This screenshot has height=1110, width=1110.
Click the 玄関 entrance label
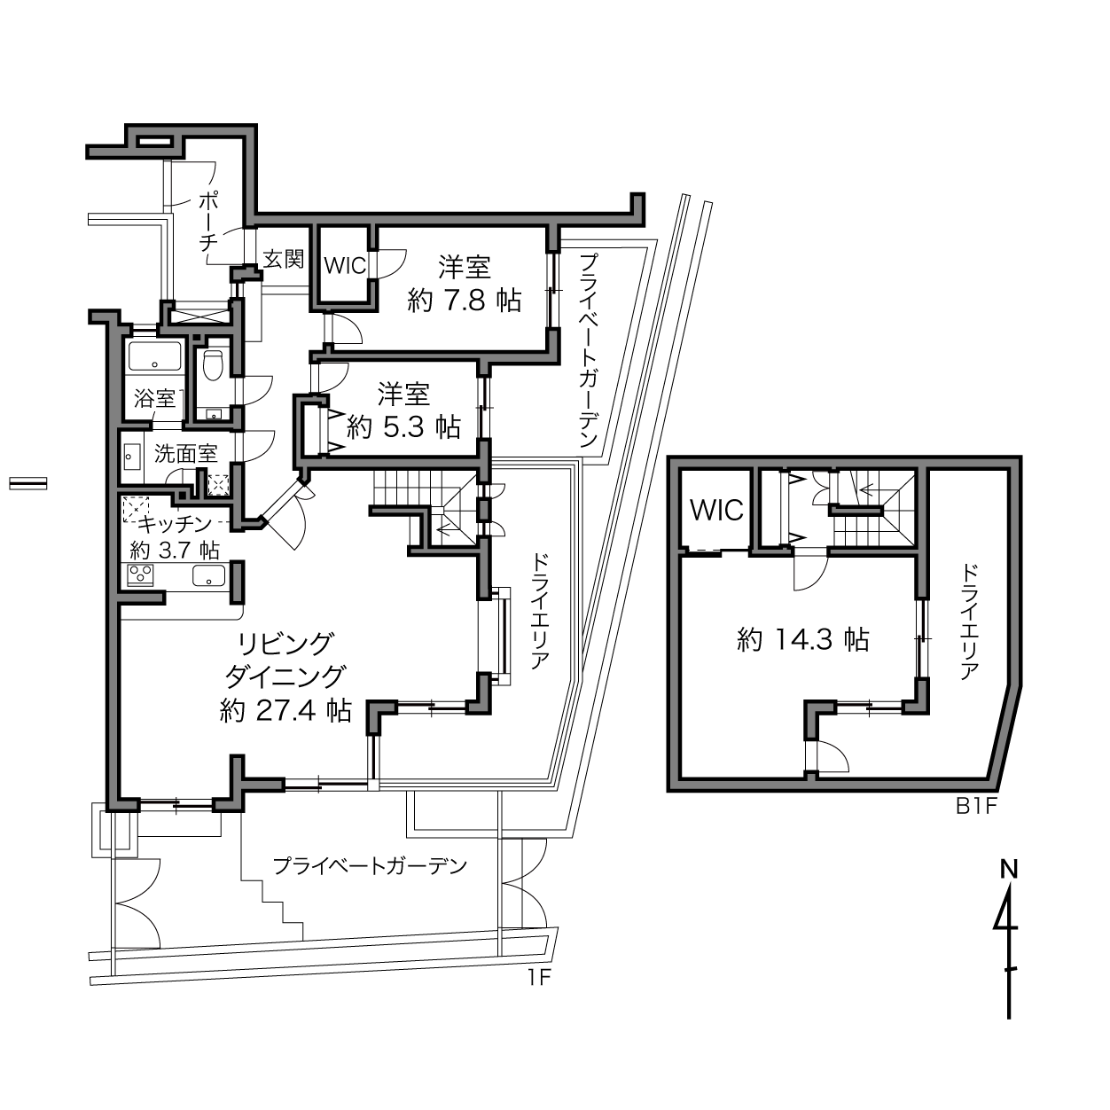coord(283,259)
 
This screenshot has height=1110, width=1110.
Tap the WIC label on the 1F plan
coord(345,266)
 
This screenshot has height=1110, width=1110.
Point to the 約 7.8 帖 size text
coord(464,301)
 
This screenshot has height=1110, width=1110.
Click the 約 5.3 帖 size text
coord(403,427)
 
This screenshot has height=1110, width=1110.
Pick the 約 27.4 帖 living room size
coord(285,711)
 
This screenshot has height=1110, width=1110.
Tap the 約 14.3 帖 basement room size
coord(803,639)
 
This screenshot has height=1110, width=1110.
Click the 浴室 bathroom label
coord(154,398)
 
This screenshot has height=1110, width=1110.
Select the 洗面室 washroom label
coord(185,454)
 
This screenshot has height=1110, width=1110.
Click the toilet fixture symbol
coord(213,365)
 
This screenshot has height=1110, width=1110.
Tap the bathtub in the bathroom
coord(155,356)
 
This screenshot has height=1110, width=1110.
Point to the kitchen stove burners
coord(141,575)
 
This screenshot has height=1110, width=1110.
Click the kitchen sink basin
coord(208,575)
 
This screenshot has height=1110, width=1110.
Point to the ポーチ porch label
coord(208,222)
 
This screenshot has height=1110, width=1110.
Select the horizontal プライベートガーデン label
coord(369,866)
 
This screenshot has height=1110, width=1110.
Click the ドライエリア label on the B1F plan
coord(969,623)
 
